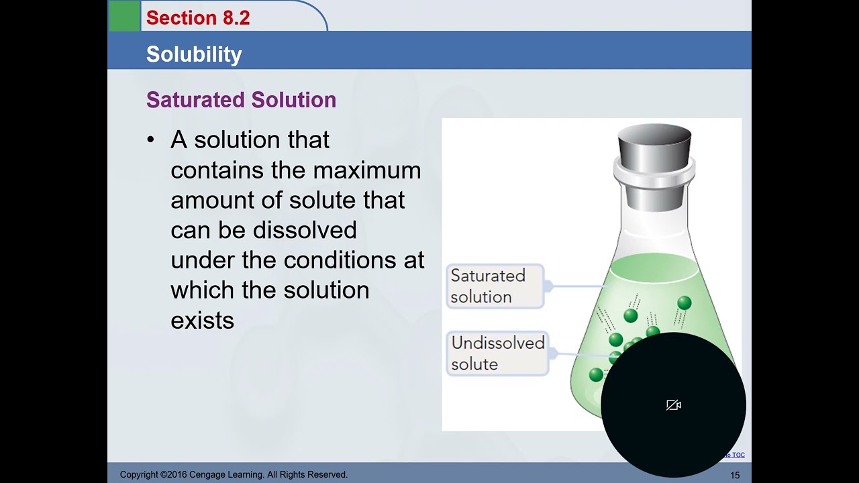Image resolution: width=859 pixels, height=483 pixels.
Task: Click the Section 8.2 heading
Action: [x=198, y=18]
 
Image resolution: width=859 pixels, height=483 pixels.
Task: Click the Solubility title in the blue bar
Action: [x=194, y=54]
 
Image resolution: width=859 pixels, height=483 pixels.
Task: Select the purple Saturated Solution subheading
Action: [x=241, y=100]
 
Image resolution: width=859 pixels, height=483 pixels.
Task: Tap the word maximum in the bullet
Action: [x=366, y=170]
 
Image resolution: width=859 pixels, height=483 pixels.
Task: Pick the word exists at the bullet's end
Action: [x=202, y=320]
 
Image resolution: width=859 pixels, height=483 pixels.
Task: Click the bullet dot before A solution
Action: [x=150, y=140]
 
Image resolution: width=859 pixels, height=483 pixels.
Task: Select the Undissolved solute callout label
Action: [x=497, y=354]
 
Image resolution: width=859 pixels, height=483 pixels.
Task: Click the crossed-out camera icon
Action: [x=674, y=405]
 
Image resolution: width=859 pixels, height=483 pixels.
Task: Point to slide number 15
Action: [x=735, y=475]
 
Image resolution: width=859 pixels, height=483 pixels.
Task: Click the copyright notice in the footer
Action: [x=234, y=475]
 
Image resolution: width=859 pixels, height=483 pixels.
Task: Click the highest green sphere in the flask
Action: [x=684, y=303]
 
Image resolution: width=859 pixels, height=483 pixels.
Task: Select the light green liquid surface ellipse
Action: [x=654, y=268]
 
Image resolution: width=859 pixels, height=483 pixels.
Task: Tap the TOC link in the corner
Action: [x=736, y=455]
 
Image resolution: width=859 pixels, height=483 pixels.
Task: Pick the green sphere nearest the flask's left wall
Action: [x=596, y=375]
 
